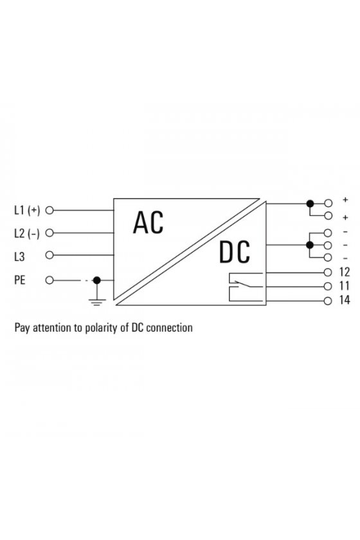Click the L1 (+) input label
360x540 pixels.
point(27,210)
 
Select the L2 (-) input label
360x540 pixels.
point(27,233)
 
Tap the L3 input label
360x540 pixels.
point(19,256)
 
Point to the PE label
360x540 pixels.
point(20,280)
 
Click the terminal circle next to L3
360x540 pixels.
point(50,255)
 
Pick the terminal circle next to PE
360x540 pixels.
point(50,280)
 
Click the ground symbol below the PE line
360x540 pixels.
point(97,303)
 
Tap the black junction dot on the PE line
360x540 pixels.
point(97,280)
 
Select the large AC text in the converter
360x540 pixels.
point(148,223)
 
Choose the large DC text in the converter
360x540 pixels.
point(235,253)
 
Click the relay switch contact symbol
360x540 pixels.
point(246,287)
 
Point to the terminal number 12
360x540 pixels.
point(345,272)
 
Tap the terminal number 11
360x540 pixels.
point(344,286)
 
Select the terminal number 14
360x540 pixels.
point(345,300)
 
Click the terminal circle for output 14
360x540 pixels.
point(328,301)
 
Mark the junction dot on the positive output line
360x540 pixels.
point(310,204)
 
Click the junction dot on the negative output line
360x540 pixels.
point(310,245)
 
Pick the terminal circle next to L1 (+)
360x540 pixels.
point(50,210)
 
